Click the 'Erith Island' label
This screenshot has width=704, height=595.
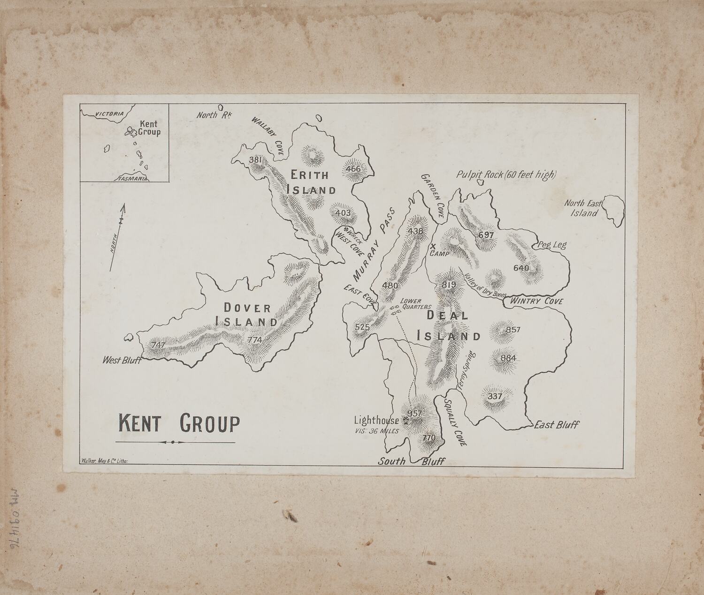[311, 182]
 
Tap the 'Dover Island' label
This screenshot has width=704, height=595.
[246, 315]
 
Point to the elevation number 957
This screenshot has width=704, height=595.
[415, 414]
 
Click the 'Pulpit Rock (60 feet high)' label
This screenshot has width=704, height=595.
[506, 175]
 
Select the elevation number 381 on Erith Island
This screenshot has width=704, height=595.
[256, 160]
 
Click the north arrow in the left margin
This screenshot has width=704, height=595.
[117, 237]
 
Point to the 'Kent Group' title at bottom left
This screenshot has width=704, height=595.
[179, 423]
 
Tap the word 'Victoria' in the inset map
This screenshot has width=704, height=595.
[109, 114]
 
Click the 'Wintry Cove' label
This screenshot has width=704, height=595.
[536, 301]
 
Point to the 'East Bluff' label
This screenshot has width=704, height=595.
[557, 425]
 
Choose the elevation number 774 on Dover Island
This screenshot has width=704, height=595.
[255, 340]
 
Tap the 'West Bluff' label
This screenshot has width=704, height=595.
[122, 360]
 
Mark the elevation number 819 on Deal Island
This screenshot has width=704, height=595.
[448, 285]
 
